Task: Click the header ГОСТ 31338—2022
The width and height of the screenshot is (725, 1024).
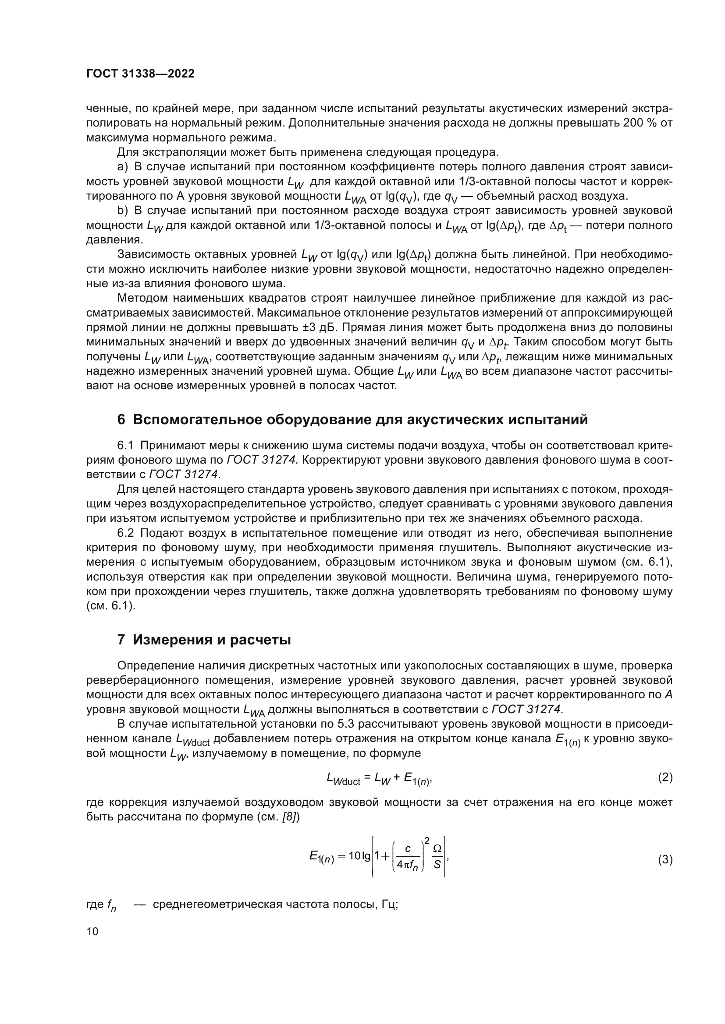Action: [140, 74]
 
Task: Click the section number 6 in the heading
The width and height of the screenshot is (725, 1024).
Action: [121, 420]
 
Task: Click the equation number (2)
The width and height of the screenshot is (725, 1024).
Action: [665, 778]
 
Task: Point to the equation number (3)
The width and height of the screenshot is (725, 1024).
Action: [665, 859]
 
